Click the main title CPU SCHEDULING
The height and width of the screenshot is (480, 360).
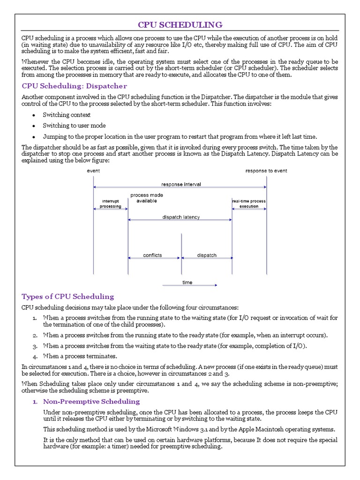tap(180, 24)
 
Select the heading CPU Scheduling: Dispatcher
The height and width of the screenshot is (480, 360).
tap(75, 86)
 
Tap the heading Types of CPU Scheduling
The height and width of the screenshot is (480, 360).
tap(68, 296)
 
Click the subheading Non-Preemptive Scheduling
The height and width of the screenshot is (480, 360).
tap(91, 401)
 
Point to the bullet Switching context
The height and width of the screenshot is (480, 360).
tap(67, 115)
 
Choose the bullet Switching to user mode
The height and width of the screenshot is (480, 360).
tap(74, 126)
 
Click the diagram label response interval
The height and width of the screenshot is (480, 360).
tap(181, 184)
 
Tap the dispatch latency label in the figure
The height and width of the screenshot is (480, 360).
tap(181, 217)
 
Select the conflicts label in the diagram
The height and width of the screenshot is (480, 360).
tap(152, 255)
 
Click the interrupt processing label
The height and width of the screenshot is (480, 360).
tap(110, 203)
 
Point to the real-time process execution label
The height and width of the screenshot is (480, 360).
tap(249, 203)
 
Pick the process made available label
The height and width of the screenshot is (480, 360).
tap(146, 198)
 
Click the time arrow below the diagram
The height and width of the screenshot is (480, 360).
tap(189, 284)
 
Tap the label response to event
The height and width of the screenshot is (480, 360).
tap(266, 171)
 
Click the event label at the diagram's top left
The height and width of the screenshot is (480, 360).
tap(93, 171)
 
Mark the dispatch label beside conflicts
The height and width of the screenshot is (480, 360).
tap(207, 255)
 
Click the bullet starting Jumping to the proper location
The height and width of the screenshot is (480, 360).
tap(180, 136)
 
